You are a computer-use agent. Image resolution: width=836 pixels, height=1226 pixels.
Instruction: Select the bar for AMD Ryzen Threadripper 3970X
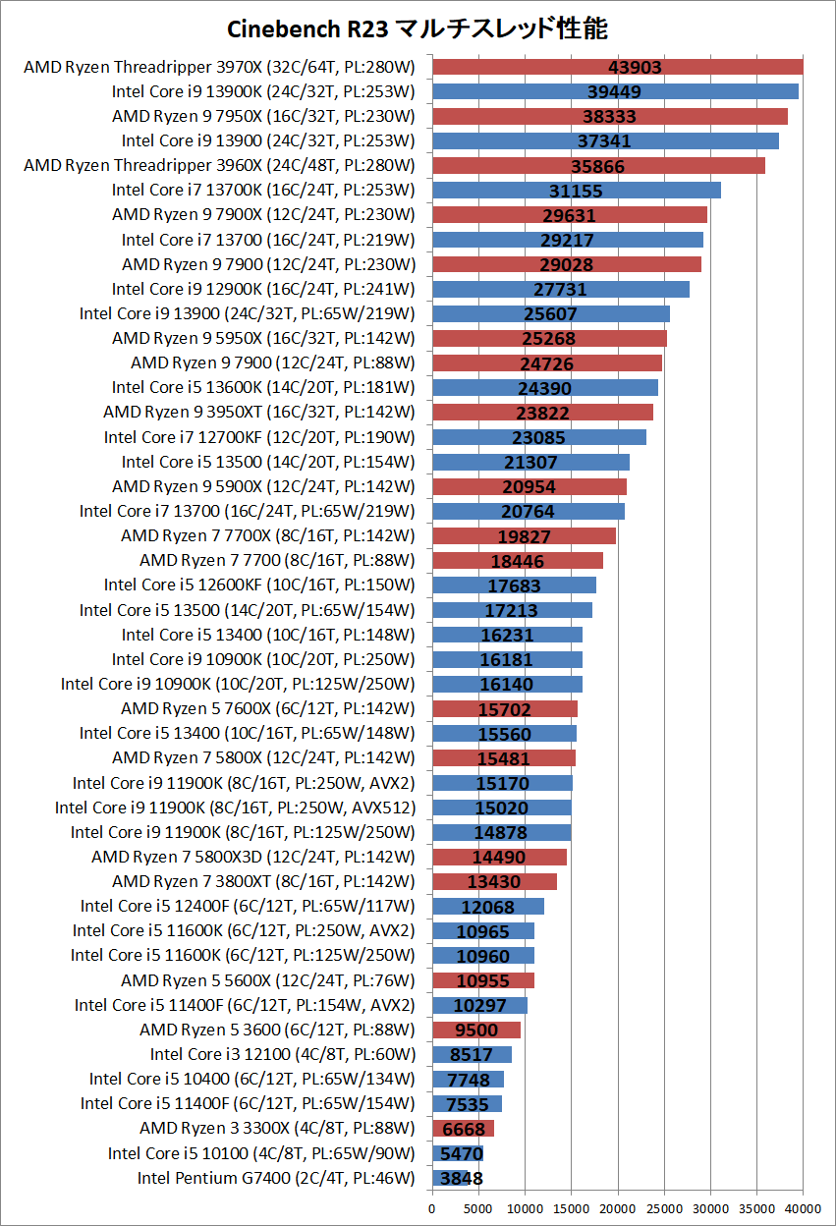(x=618, y=67)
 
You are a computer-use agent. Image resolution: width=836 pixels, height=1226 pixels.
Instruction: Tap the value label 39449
(x=614, y=91)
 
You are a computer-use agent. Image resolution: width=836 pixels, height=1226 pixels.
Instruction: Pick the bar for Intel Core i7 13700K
(x=577, y=190)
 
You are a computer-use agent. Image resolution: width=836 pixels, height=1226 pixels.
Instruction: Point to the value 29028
(x=566, y=265)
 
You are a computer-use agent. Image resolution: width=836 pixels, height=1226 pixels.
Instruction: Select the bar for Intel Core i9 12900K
(x=561, y=289)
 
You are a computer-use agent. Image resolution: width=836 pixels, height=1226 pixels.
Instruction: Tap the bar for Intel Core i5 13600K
(x=545, y=387)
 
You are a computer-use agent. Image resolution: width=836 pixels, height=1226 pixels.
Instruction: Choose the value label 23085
(x=538, y=437)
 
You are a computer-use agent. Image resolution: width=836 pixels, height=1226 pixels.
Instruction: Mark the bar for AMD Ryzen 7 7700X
(x=524, y=535)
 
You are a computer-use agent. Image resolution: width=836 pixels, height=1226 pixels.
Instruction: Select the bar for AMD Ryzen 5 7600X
(x=505, y=709)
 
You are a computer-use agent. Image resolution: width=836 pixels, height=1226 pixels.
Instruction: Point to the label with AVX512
(x=235, y=808)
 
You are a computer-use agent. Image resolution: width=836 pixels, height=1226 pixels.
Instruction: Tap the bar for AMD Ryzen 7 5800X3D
(x=499, y=857)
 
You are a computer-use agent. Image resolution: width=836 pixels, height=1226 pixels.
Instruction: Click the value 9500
(x=476, y=1031)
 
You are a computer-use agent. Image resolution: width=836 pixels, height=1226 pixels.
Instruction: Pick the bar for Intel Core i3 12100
(x=472, y=1055)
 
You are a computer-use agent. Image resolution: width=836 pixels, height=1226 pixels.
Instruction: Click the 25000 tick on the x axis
(x=664, y=1208)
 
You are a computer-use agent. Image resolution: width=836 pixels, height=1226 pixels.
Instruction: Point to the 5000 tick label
(x=478, y=1208)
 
